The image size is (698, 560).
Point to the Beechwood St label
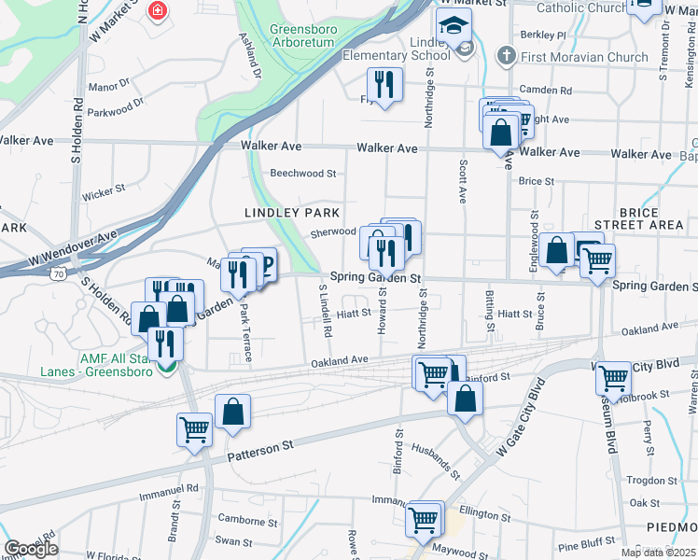(x=302, y=174)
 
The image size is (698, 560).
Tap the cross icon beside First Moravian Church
(x=506, y=55)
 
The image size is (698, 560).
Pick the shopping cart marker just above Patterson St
(x=195, y=429)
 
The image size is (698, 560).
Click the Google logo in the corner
(x=31, y=549)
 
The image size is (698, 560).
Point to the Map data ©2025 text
(x=657, y=553)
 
